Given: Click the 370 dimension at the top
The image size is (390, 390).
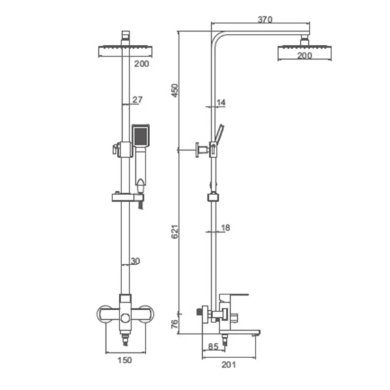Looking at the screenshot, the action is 265,19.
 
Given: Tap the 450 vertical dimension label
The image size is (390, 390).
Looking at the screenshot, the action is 175,90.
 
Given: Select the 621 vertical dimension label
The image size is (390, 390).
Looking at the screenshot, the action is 175,231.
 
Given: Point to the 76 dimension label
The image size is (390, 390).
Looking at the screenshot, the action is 175,324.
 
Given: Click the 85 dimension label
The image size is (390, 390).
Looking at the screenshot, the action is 213,346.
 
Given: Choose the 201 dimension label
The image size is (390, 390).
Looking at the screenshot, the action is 229,365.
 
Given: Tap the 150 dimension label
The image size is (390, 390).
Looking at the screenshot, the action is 125,360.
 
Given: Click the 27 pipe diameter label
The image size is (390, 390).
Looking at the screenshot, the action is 137,99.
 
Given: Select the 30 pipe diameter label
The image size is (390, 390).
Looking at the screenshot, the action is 135,261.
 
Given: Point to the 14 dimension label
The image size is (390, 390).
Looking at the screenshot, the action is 221,103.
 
